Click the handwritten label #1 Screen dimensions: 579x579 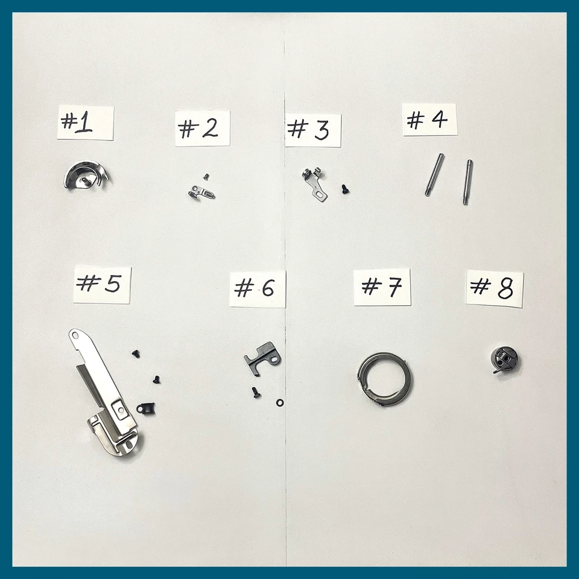[x=85, y=123]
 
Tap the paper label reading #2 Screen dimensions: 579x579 [x=203, y=128]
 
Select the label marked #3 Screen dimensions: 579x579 [x=313, y=130]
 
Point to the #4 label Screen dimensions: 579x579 [x=429, y=120]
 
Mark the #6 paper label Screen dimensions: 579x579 [x=258, y=289]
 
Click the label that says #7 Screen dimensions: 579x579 [x=382, y=287]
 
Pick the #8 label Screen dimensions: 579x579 [x=495, y=288]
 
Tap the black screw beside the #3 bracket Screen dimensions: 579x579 [x=346, y=189]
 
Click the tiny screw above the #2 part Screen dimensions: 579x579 [x=206, y=176]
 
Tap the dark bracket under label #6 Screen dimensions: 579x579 [x=263, y=357]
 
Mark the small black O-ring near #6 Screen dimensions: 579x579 [x=279, y=402]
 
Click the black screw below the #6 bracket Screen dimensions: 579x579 [x=256, y=393]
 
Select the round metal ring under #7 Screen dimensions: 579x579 [x=385, y=379]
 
